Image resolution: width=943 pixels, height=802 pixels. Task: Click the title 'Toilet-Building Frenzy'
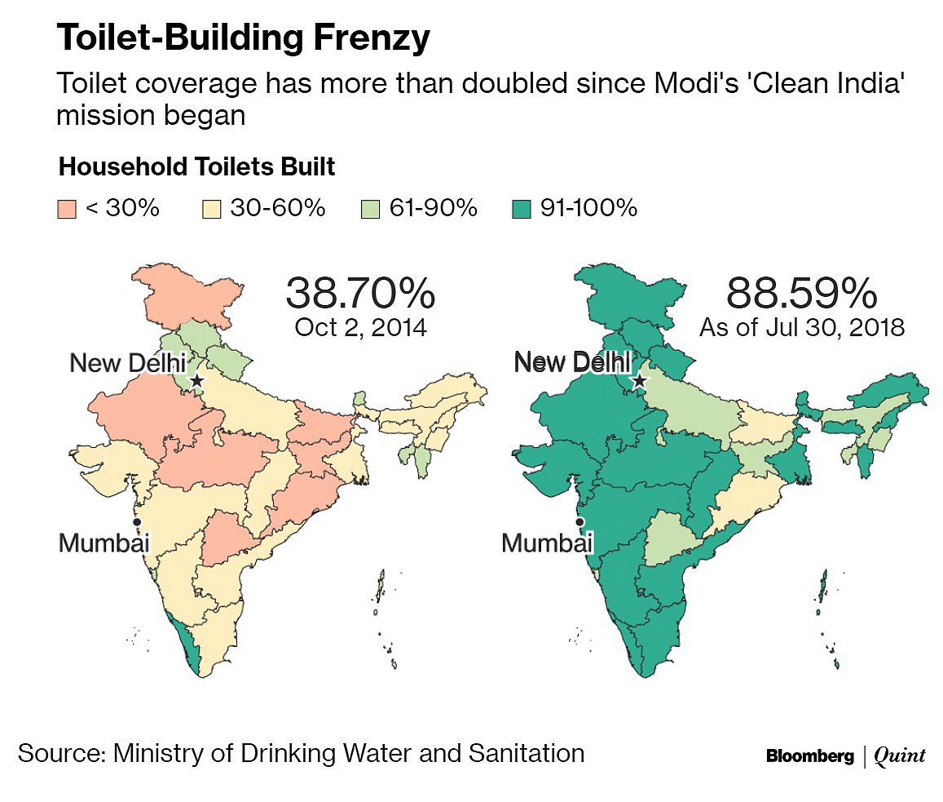tap(242, 38)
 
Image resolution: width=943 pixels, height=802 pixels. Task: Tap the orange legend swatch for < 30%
tap(67, 209)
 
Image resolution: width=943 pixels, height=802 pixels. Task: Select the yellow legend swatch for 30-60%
tap(211, 209)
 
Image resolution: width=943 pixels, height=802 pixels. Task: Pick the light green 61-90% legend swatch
tap(370, 209)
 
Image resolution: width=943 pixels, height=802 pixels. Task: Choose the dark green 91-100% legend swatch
tap(522, 209)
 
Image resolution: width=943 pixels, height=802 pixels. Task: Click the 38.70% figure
tap(360, 292)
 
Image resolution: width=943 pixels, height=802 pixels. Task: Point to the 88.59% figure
tap(802, 292)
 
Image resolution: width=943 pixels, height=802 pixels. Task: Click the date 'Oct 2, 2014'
tap(360, 327)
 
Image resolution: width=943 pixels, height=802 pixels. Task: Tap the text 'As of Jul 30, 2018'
tap(802, 327)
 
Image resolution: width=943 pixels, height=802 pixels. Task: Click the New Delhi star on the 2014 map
tap(196, 380)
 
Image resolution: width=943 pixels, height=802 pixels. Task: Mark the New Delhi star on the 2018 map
tap(639, 380)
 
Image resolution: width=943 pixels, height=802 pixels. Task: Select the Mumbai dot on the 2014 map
tap(137, 521)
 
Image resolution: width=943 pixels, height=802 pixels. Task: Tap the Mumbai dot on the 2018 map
tap(579, 521)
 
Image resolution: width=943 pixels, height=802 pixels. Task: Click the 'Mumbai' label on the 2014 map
tap(104, 543)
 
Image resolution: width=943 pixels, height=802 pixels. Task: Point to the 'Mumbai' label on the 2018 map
tap(546, 543)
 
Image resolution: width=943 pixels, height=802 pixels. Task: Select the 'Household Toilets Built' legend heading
tap(196, 167)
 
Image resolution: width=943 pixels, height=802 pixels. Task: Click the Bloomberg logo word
tap(809, 756)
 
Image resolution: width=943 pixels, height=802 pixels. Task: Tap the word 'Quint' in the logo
tap(899, 756)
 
